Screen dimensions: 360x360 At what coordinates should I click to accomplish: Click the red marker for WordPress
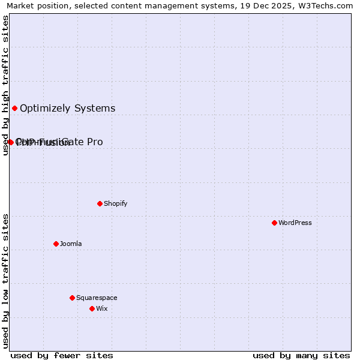[x=274, y=223]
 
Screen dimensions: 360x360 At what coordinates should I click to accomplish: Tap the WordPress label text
[x=295, y=223]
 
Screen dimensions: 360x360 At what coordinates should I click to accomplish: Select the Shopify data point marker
[x=100, y=203]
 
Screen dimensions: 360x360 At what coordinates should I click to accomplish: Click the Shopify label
[x=116, y=203]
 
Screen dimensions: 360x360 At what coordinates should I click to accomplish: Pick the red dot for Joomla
[x=56, y=244]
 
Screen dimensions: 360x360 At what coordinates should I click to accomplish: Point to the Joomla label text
[x=71, y=244]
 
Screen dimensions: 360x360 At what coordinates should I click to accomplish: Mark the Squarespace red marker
[x=72, y=298]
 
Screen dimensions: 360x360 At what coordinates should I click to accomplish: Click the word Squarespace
[x=97, y=298]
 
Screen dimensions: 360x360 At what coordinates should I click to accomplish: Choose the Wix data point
[x=92, y=308]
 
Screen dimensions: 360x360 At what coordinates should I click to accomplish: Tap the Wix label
[x=102, y=308]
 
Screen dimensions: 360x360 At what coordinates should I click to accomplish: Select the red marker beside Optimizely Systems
[x=14, y=108]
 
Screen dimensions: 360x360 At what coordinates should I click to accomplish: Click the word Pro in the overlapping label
[x=95, y=142]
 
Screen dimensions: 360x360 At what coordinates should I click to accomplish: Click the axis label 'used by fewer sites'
[x=62, y=355]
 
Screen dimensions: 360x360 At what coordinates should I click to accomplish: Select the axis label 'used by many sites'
[x=301, y=355]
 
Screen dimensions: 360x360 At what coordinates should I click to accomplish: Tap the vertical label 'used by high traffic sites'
[x=5, y=86]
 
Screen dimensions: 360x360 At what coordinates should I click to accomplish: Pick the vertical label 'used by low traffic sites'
[x=5, y=280]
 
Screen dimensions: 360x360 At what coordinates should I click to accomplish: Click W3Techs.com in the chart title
[x=326, y=5]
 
